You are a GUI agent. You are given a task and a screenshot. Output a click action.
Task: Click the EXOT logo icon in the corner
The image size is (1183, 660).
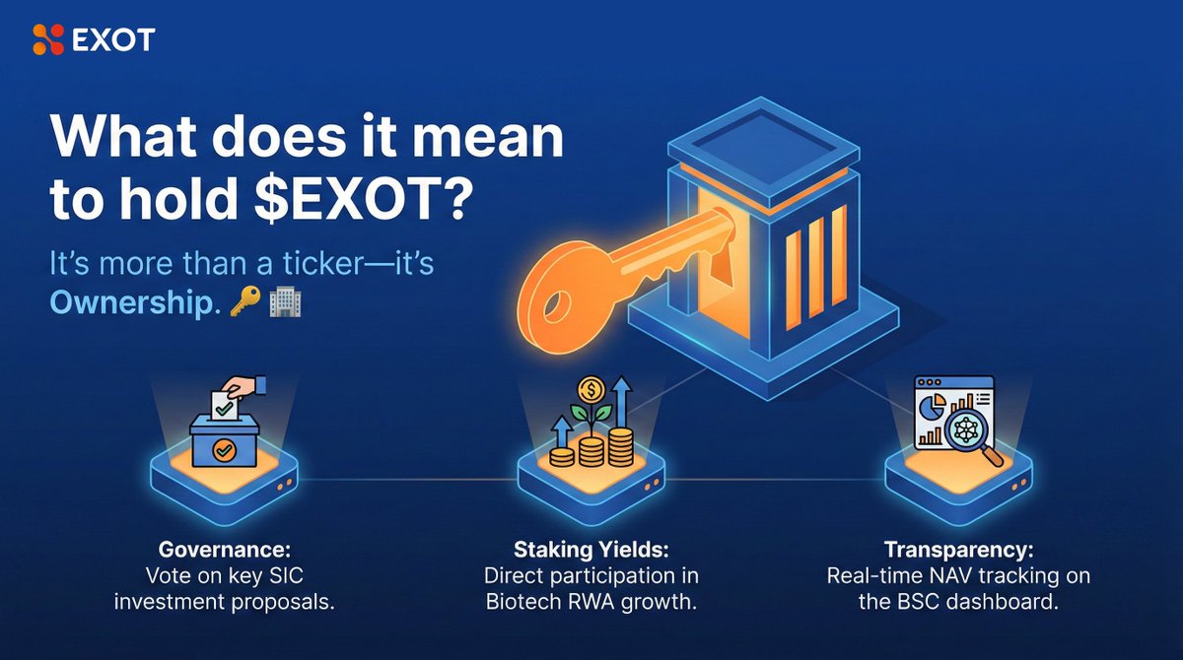[46, 38]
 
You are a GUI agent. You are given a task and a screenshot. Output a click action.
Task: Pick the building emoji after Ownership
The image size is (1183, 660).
[284, 302]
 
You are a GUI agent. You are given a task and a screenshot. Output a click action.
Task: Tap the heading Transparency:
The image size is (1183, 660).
[958, 550]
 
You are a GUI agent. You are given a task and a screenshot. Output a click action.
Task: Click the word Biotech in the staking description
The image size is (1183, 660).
[522, 601]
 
